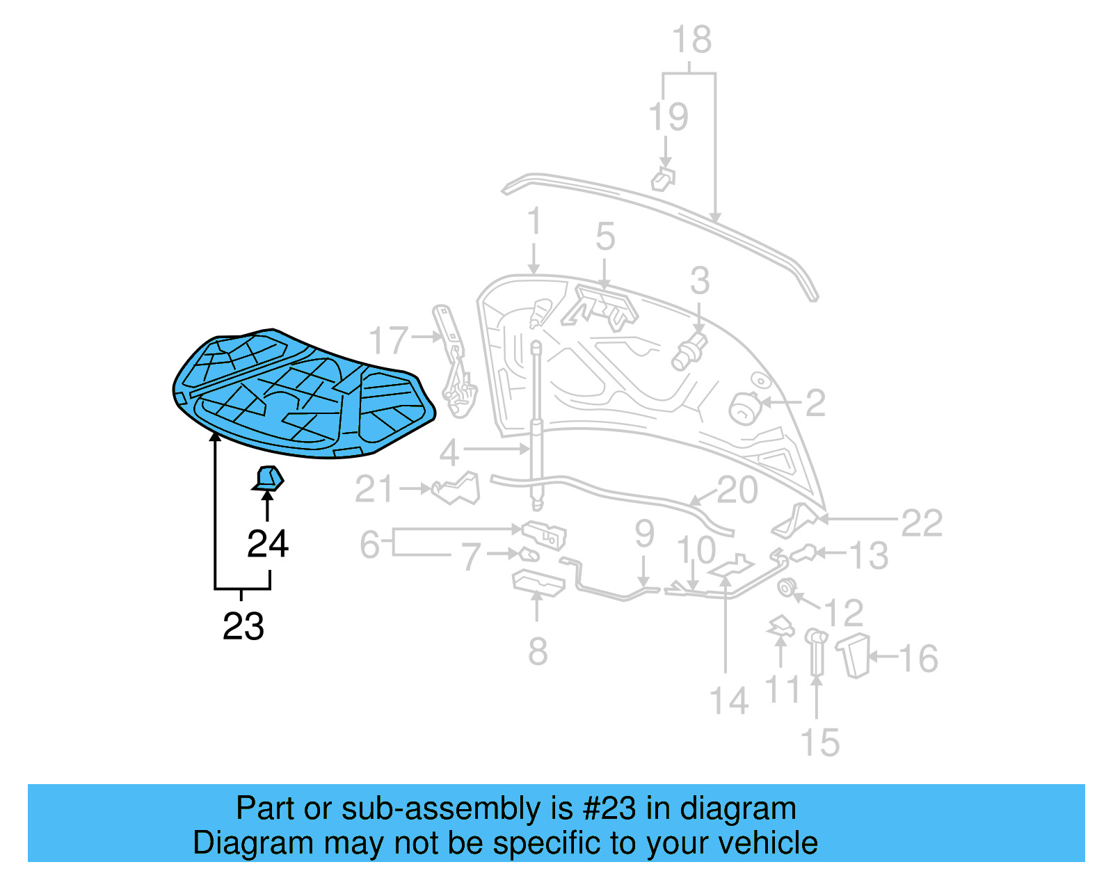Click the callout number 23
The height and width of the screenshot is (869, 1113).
[243, 626]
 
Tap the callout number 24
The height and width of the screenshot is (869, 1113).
[268, 543]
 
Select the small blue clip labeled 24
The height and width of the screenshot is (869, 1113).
[269, 479]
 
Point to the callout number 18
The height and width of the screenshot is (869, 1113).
[691, 40]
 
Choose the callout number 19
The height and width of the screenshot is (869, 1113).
[668, 117]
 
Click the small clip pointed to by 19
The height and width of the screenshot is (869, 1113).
[663, 179]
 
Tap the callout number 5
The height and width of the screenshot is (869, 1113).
[605, 237]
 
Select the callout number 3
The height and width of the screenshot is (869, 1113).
[700, 281]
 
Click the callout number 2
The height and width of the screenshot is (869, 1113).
[815, 403]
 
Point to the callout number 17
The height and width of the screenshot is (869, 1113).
[387, 340]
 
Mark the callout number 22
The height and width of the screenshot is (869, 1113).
[922, 523]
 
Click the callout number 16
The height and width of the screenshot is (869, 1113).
[918, 658]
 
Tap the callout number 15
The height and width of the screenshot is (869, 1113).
[820, 742]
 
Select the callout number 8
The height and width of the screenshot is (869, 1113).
[538, 652]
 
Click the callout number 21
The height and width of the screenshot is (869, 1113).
[375, 489]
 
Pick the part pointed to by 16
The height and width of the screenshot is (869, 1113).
[856, 655]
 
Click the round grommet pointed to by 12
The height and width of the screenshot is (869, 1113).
[787, 588]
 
